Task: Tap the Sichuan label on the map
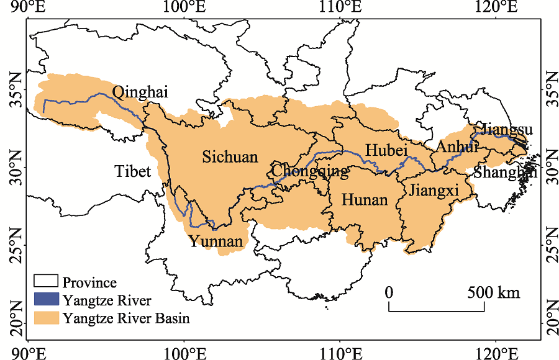click(x=230, y=157)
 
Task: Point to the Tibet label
click(x=132, y=171)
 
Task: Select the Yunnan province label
click(x=216, y=241)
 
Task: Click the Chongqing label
click(x=310, y=171)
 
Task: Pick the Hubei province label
click(x=386, y=150)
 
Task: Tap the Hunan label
click(x=365, y=200)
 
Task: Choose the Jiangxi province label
click(x=434, y=191)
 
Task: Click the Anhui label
click(x=457, y=148)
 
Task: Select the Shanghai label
click(x=504, y=173)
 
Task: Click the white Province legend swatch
click(x=45, y=283)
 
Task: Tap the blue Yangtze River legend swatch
click(x=45, y=301)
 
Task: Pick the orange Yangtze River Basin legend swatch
click(x=45, y=318)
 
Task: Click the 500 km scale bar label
click(x=494, y=292)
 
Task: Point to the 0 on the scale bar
click(x=389, y=292)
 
